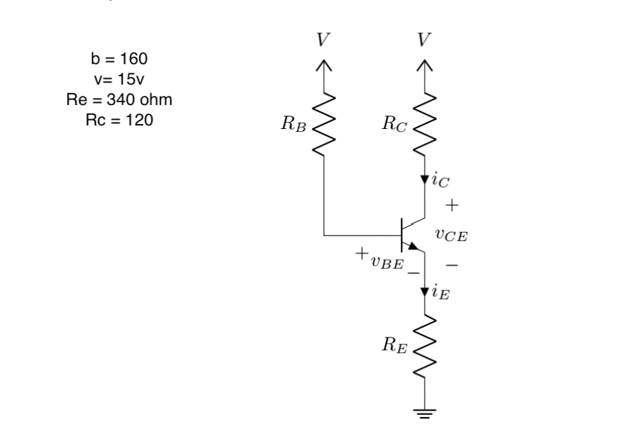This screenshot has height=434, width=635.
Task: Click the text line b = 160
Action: [119, 57]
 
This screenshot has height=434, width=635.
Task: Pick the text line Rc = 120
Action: [119, 120]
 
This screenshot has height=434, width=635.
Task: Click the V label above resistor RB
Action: [323, 40]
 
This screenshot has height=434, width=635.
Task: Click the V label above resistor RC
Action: [424, 40]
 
